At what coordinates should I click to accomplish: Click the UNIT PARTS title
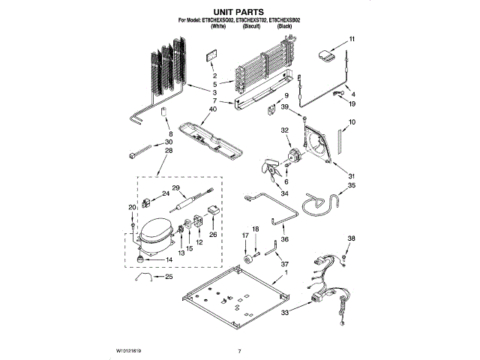coord(239,13)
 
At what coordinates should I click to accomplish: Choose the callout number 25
coord(167,277)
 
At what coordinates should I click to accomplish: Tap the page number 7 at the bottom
coord(239,350)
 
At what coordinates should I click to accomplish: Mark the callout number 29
coord(176,187)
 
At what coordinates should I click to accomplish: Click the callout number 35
coord(352,184)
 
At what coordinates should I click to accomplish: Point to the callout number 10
coord(352,122)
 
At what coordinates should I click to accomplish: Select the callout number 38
coord(352,238)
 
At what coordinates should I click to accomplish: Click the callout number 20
coord(132,208)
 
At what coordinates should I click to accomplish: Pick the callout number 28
coord(167,151)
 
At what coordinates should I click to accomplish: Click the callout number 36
coord(283,238)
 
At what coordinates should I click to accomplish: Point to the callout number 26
coord(213,234)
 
